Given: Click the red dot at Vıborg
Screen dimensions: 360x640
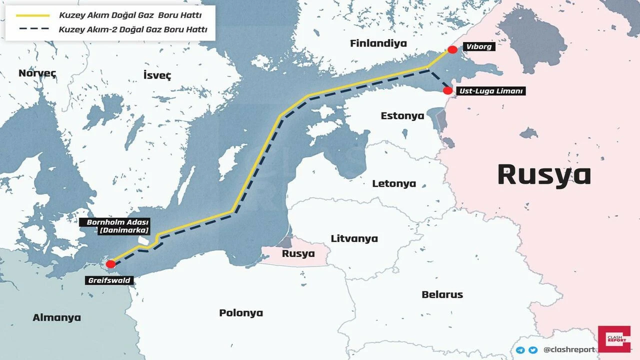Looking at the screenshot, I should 452,49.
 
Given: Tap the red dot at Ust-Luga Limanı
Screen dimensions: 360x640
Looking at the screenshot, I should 448,91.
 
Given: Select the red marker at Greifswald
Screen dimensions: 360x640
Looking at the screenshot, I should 111,264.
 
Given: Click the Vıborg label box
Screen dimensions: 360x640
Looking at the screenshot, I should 479,47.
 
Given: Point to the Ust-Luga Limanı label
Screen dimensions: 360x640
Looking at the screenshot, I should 491,91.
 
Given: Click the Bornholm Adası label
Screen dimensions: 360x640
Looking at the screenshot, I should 118,225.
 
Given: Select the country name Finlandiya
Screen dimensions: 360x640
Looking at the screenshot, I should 378,43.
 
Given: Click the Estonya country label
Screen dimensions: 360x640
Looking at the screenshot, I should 402,116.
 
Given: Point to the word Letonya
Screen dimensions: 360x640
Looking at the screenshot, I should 394,183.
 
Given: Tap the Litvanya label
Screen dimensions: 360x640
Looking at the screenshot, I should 354,238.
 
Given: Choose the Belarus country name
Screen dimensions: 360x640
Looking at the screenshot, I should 442,294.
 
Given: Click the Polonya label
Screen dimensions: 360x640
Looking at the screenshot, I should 241,313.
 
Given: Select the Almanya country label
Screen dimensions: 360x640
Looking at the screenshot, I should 56,317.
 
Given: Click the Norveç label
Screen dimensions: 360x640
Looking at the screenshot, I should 37,73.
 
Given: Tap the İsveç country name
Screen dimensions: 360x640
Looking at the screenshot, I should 157,75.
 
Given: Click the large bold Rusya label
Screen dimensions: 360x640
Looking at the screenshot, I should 544,175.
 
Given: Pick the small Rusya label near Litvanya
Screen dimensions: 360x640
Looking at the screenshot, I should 298,253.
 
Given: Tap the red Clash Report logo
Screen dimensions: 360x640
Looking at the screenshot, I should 614,339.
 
